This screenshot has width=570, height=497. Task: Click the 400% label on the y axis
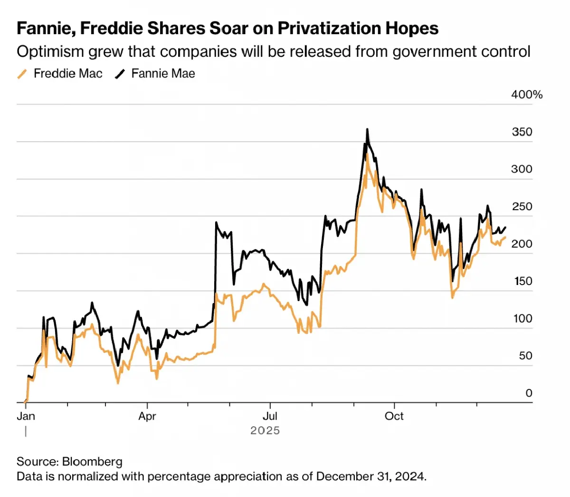pyautogui.click(x=526, y=94)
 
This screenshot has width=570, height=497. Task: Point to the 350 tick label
pyautogui.click(x=522, y=132)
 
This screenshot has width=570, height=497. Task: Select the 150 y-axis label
pyautogui.click(x=523, y=281)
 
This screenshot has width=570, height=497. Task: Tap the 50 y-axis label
pyautogui.click(x=525, y=356)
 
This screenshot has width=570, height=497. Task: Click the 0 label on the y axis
pyautogui.click(x=529, y=393)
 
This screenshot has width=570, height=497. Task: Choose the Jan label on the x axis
pyautogui.click(x=26, y=416)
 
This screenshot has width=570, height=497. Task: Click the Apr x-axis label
pyautogui.click(x=147, y=416)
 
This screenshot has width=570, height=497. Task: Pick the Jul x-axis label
pyautogui.click(x=270, y=416)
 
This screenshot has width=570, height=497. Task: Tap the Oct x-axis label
pyautogui.click(x=394, y=416)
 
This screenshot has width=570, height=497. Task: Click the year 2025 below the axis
pyautogui.click(x=265, y=431)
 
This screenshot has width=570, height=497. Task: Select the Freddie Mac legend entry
pyautogui.click(x=68, y=74)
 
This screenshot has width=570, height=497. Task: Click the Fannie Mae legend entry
pyautogui.click(x=163, y=74)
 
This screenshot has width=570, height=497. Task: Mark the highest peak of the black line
pyautogui.click(x=367, y=129)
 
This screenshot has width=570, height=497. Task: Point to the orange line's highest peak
pyautogui.click(x=367, y=154)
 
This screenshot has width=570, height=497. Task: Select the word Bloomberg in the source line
pyautogui.click(x=92, y=461)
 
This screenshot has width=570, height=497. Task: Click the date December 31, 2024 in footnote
pyautogui.click(x=370, y=476)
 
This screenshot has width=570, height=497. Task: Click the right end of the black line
pyautogui.click(x=505, y=228)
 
